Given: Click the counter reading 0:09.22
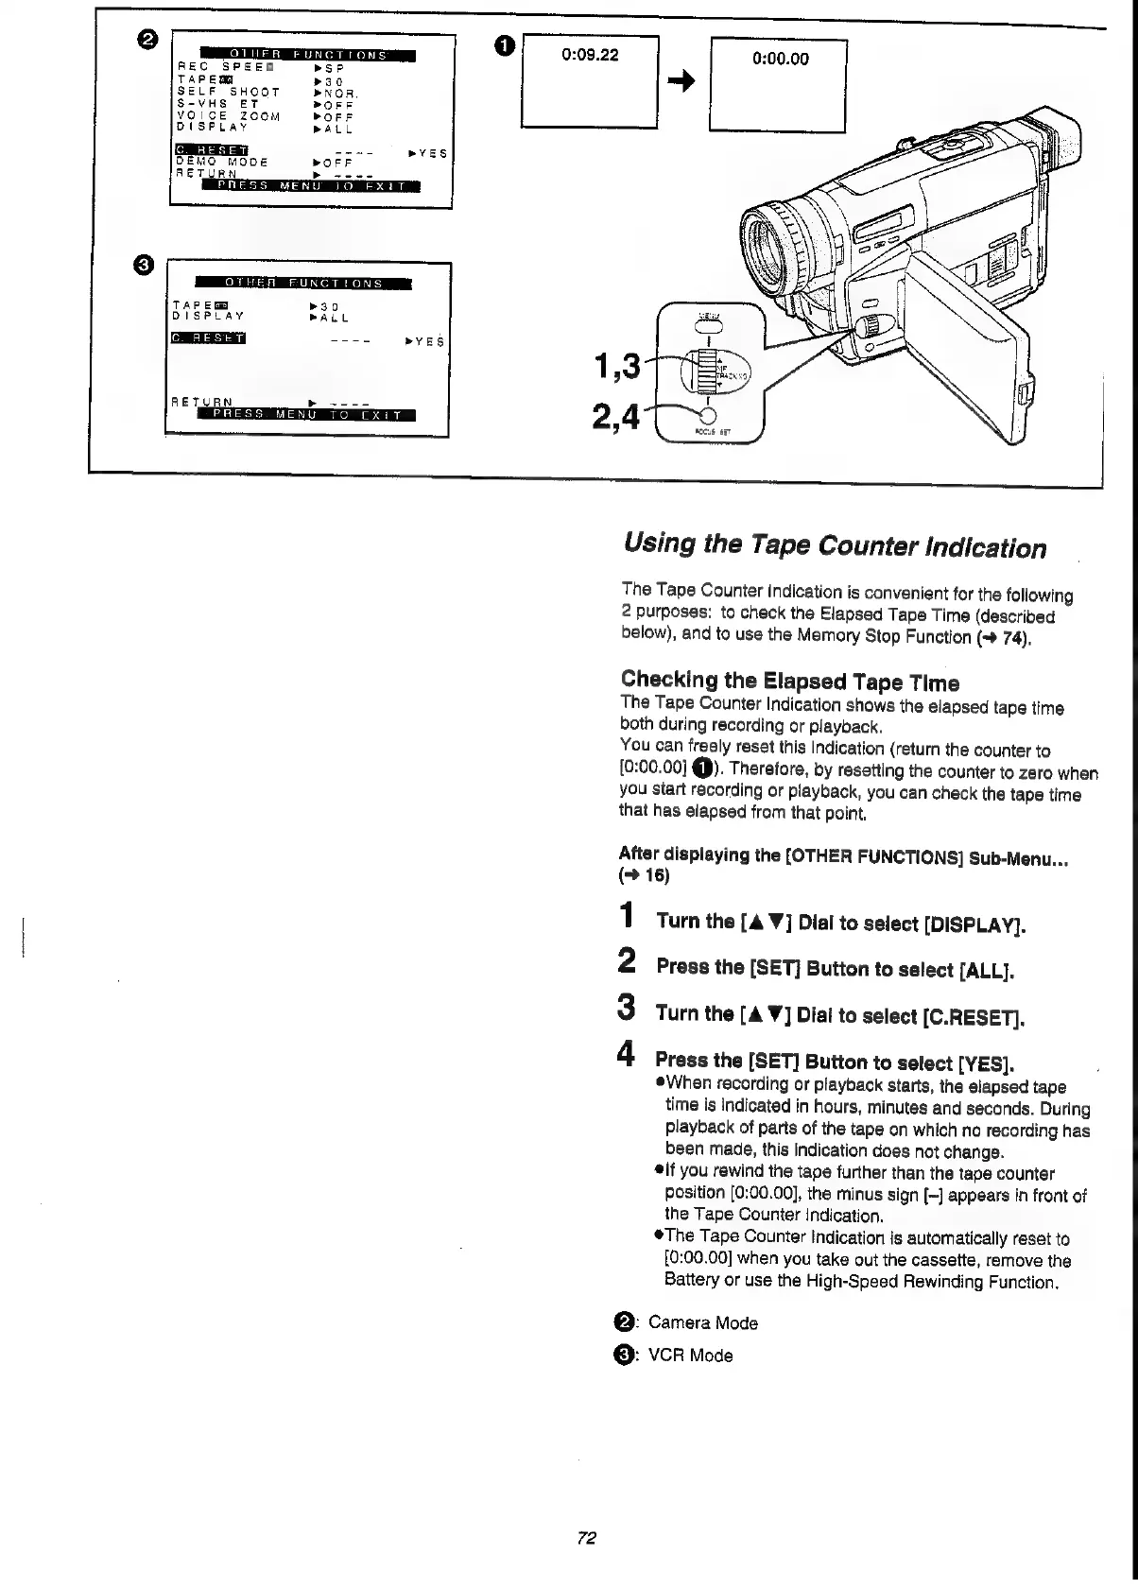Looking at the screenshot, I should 590,55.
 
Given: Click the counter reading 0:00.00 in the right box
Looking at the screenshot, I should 780,59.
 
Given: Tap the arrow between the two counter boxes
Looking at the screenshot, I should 682,83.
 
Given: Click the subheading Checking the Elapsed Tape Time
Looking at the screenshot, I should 789,681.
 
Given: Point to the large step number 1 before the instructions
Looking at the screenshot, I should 626,917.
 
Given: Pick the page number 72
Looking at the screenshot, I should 585,1538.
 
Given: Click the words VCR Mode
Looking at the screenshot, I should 690,1356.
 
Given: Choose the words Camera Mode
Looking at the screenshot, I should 702,1323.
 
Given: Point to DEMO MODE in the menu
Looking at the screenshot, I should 222,162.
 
